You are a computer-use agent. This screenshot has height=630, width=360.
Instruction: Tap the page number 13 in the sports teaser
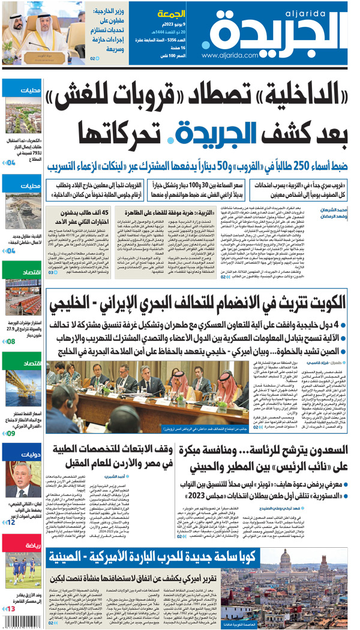[x=11, y=608]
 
